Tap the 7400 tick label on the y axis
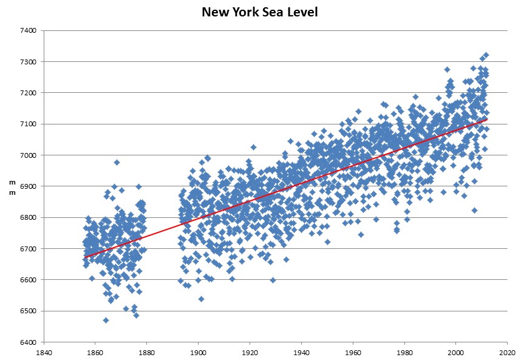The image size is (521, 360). (29, 30)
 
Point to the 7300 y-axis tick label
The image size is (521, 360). (29, 62)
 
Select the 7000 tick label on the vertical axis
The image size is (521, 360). (29, 155)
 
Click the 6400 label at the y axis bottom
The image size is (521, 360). (29, 342)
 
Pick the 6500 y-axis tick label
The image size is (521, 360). (29, 311)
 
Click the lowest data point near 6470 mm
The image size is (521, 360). (106, 320)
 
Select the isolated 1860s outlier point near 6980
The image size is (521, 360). (117, 162)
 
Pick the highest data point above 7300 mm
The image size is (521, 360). (486, 55)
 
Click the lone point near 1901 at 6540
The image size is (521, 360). (201, 299)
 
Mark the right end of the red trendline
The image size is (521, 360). (486, 120)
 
